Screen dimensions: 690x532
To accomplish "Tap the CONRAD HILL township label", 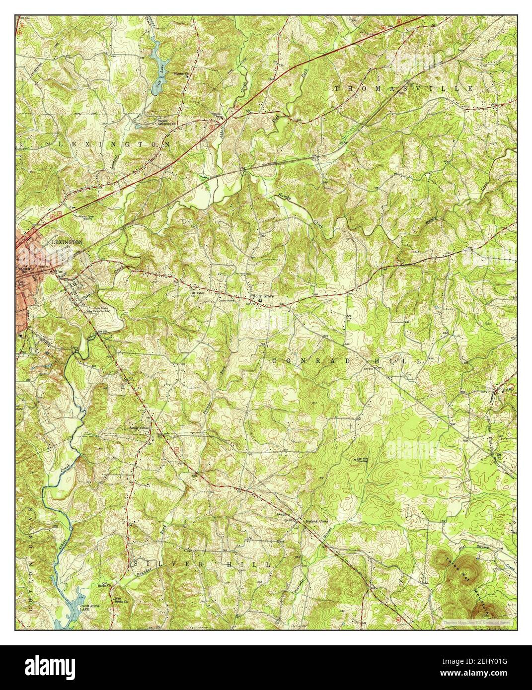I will tap(348, 361).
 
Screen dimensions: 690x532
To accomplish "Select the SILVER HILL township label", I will tap(202, 565).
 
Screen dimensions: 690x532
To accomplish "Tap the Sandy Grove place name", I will tap(140, 427).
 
